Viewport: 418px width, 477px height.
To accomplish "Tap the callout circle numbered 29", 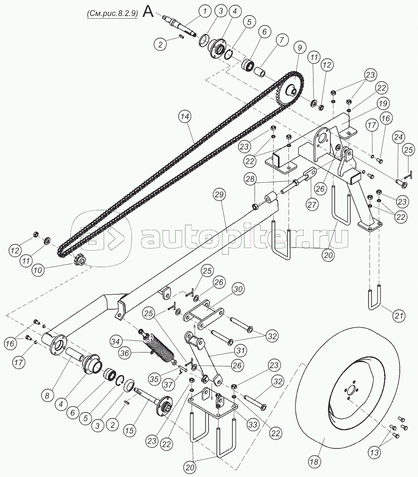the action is [x=220, y=194].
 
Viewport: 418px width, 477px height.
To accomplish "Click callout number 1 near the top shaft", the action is [x=206, y=12].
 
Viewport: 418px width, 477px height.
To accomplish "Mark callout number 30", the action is [x=238, y=289].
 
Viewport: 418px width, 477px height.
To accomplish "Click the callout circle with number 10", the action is [x=38, y=270].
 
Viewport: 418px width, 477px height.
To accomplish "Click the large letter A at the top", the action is [x=148, y=12].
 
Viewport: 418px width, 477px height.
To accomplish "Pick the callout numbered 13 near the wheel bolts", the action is [x=375, y=452].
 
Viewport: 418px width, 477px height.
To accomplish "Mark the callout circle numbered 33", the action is [x=253, y=425].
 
